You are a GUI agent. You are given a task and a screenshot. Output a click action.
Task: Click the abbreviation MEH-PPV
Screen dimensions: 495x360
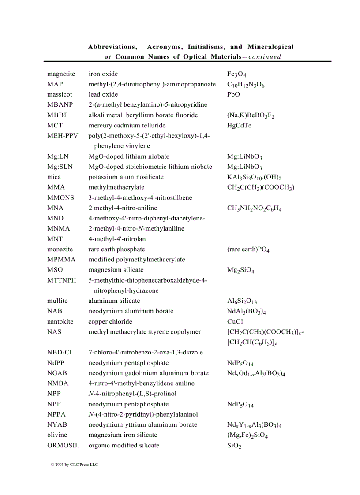click(62, 136)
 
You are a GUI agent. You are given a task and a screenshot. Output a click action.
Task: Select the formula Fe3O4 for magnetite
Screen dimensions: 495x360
click(236, 74)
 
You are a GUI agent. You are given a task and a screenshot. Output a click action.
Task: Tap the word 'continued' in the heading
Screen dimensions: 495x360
click(265, 57)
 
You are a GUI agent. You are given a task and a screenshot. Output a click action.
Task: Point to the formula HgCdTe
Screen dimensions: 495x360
click(239, 126)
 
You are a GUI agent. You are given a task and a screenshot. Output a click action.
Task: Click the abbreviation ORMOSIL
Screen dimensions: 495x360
click(63, 446)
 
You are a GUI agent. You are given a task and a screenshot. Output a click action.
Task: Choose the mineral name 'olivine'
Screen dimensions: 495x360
click(57, 435)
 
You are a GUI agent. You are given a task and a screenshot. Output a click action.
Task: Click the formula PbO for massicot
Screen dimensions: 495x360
click(233, 95)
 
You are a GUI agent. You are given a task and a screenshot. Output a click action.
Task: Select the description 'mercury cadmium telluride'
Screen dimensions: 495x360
click(124, 126)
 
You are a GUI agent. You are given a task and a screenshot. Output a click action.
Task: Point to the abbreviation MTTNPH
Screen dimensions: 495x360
click(62, 280)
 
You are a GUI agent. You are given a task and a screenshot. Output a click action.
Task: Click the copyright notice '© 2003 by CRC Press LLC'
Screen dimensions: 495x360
click(74, 465)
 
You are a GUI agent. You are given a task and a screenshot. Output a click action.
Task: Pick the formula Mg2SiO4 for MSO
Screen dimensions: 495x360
click(240, 270)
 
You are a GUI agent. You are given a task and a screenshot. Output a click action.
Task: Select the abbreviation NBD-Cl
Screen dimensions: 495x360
click(59, 352)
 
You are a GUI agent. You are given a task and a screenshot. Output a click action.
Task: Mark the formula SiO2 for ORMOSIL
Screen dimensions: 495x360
click(234, 446)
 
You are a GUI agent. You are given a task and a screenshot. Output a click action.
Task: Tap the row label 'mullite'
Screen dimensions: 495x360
click(57, 301)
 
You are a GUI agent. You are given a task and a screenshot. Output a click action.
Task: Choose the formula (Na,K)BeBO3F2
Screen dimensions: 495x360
click(251, 115)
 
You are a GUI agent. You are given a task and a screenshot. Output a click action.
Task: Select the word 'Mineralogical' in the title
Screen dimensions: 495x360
click(270, 47)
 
